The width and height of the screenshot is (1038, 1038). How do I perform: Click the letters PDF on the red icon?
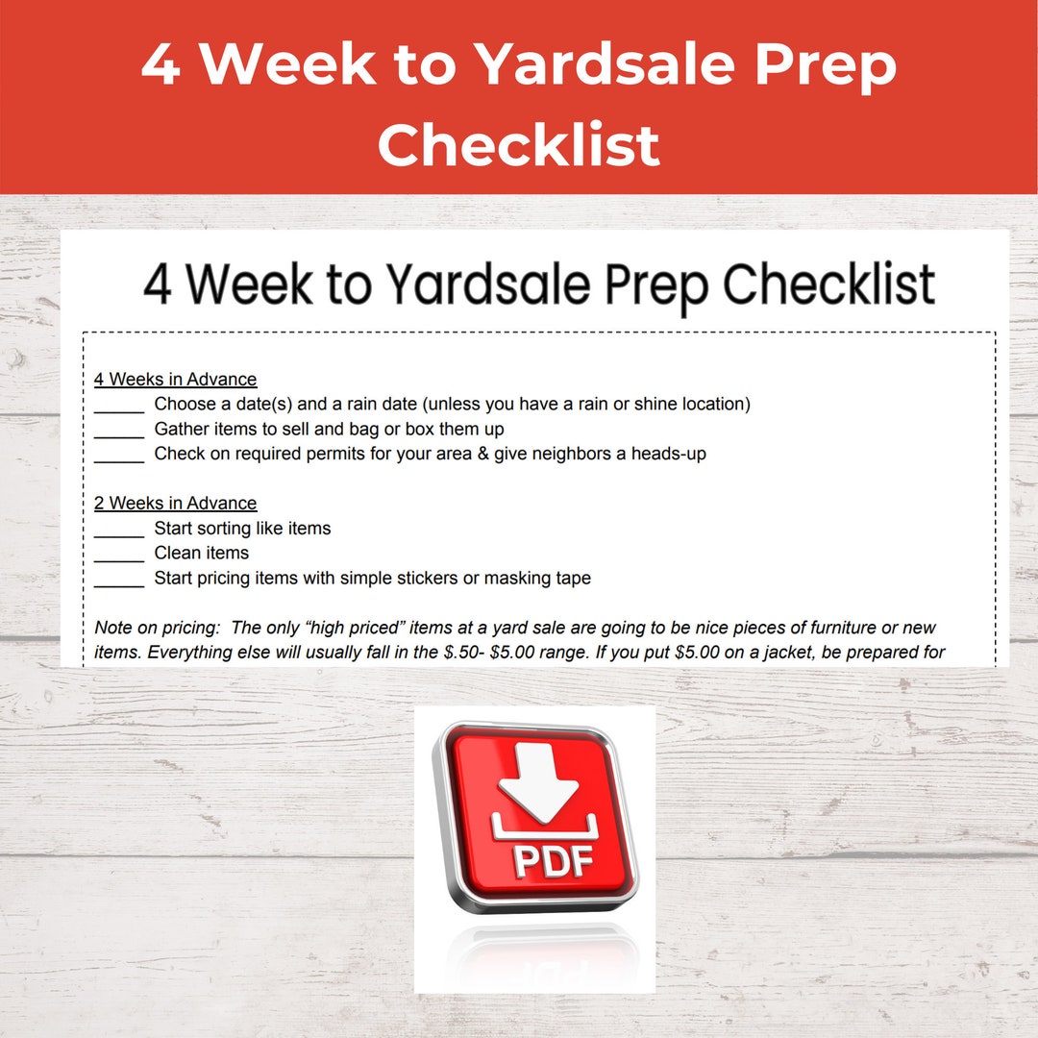[x=552, y=859]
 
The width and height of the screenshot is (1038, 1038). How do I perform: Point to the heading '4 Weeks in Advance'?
[x=175, y=380]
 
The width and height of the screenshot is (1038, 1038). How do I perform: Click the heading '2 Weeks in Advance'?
[x=175, y=504]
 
